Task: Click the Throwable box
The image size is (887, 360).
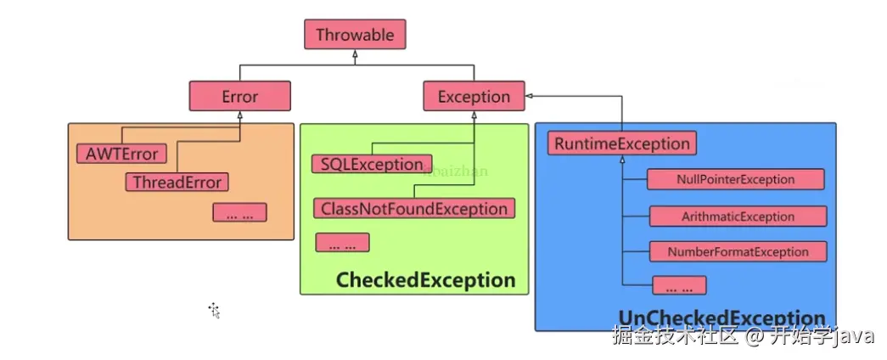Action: [x=355, y=35]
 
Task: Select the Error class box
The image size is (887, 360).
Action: [x=240, y=97]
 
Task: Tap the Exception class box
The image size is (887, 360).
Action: [x=474, y=97]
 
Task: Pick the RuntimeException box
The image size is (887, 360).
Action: [x=622, y=143]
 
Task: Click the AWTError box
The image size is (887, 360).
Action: [x=121, y=154]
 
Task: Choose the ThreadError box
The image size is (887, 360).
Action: [x=177, y=182]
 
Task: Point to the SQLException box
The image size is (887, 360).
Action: [x=372, y=164]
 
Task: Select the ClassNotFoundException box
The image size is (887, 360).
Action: [x=415, y=208]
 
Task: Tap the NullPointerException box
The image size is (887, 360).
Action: [x=736, y=179]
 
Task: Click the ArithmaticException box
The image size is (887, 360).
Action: [x=738, y=217]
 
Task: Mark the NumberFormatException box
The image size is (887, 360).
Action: [x=738, y=251]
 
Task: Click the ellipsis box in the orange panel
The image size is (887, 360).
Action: [x=239, y=212]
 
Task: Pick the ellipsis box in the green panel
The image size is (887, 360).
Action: [x=342, y=242]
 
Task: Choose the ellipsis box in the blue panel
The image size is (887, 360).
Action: [x=679, y=285]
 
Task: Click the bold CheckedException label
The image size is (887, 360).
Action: [x=425, y=280]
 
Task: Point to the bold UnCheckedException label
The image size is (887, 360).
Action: [x=721, y=319]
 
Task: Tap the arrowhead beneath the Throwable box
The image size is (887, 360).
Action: [x=356, y=54]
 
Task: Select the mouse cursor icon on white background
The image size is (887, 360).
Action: [x=214, y=310]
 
